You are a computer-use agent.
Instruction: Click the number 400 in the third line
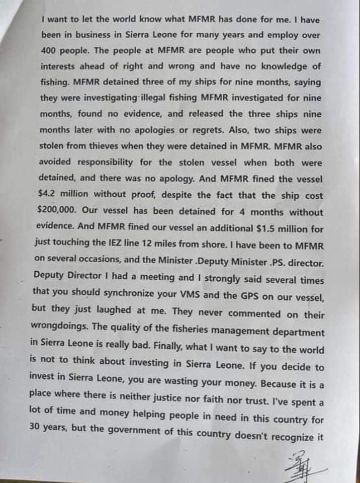[x=49, y=51]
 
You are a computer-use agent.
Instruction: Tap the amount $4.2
[x=48, y=195]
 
